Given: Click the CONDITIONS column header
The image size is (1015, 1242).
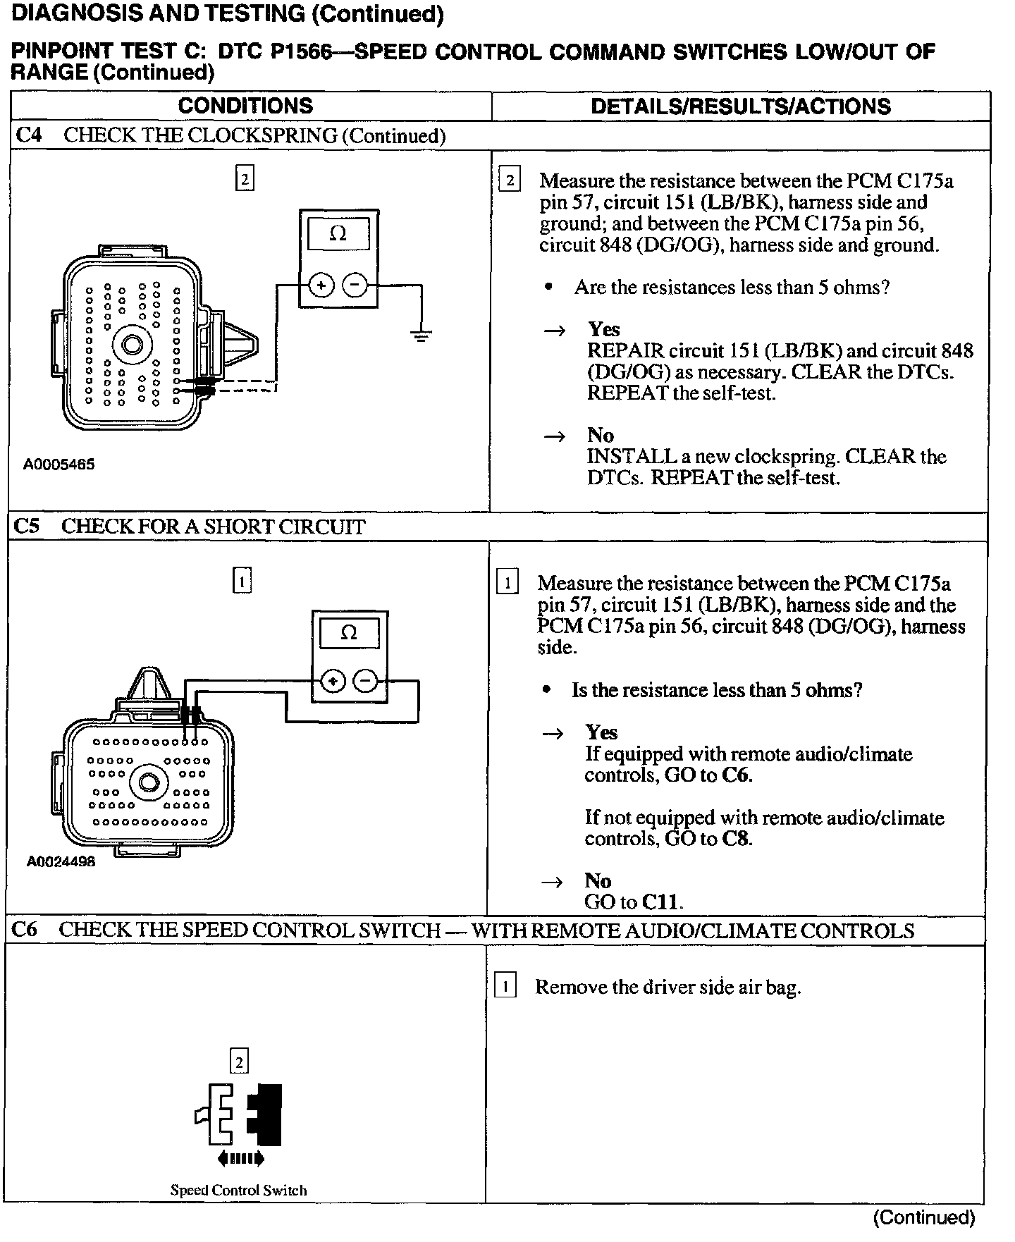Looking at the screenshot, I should pos(245,106).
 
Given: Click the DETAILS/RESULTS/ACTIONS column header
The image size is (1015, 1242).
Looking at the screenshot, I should pos(740,106).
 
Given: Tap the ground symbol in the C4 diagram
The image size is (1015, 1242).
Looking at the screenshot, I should pos(422,336).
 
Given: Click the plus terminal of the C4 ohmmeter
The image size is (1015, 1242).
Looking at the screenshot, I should pos(321,285).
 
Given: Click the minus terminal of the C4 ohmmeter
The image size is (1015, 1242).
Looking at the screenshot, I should pos(355,285).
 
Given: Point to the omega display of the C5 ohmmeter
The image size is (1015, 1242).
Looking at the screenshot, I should pos(349,632).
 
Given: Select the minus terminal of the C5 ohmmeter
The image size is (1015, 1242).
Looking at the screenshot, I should pos(365,681).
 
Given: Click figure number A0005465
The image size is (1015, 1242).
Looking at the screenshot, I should pos(59,465).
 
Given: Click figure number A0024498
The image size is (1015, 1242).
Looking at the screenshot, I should pos(61,861).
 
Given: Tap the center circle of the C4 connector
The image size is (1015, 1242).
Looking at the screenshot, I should pos(132,345).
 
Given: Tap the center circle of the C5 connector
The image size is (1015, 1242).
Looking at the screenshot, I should pos(149,783).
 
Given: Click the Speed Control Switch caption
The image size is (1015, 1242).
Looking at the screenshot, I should pos(238,1191).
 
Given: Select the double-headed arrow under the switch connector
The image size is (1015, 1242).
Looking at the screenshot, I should pos(240,1157).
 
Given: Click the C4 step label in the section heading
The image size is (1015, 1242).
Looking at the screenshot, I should pos(28,135).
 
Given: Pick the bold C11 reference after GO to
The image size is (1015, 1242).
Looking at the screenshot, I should pos(663,902).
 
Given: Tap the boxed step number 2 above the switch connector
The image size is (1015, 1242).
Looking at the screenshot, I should pos(240,1062).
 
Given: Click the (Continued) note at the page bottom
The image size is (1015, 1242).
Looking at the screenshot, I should pos(923,1217).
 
